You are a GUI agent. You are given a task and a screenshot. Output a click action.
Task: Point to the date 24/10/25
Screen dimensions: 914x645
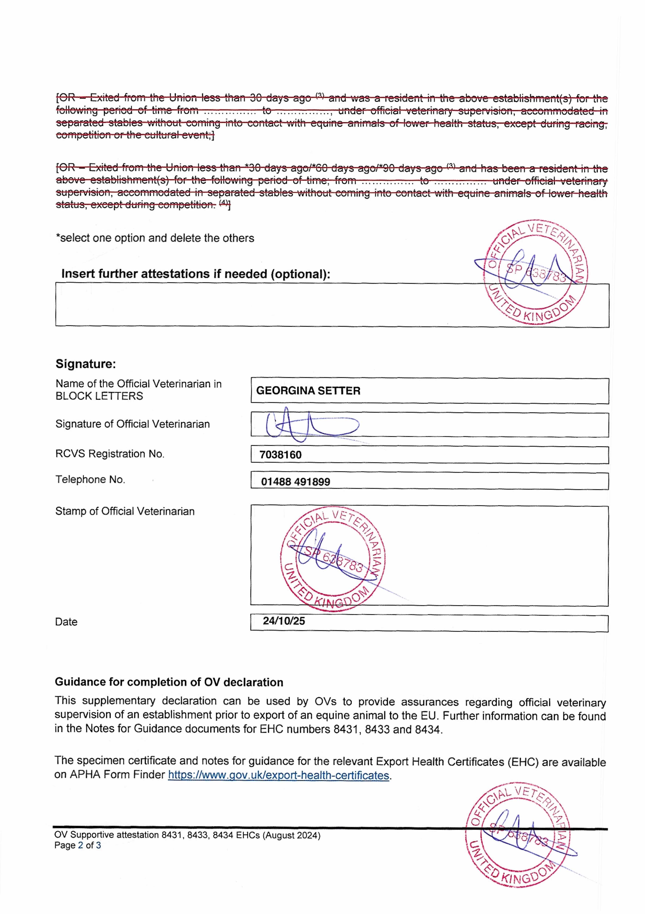[284, 621]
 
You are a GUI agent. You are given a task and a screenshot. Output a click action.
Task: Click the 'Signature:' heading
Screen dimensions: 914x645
[85, 364]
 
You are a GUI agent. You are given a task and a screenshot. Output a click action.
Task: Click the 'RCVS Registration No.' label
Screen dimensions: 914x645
[110, 454]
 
